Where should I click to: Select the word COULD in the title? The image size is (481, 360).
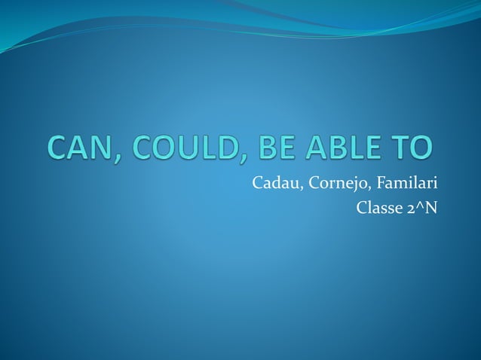(191, 148)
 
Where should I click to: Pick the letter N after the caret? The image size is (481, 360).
(430, 207)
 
